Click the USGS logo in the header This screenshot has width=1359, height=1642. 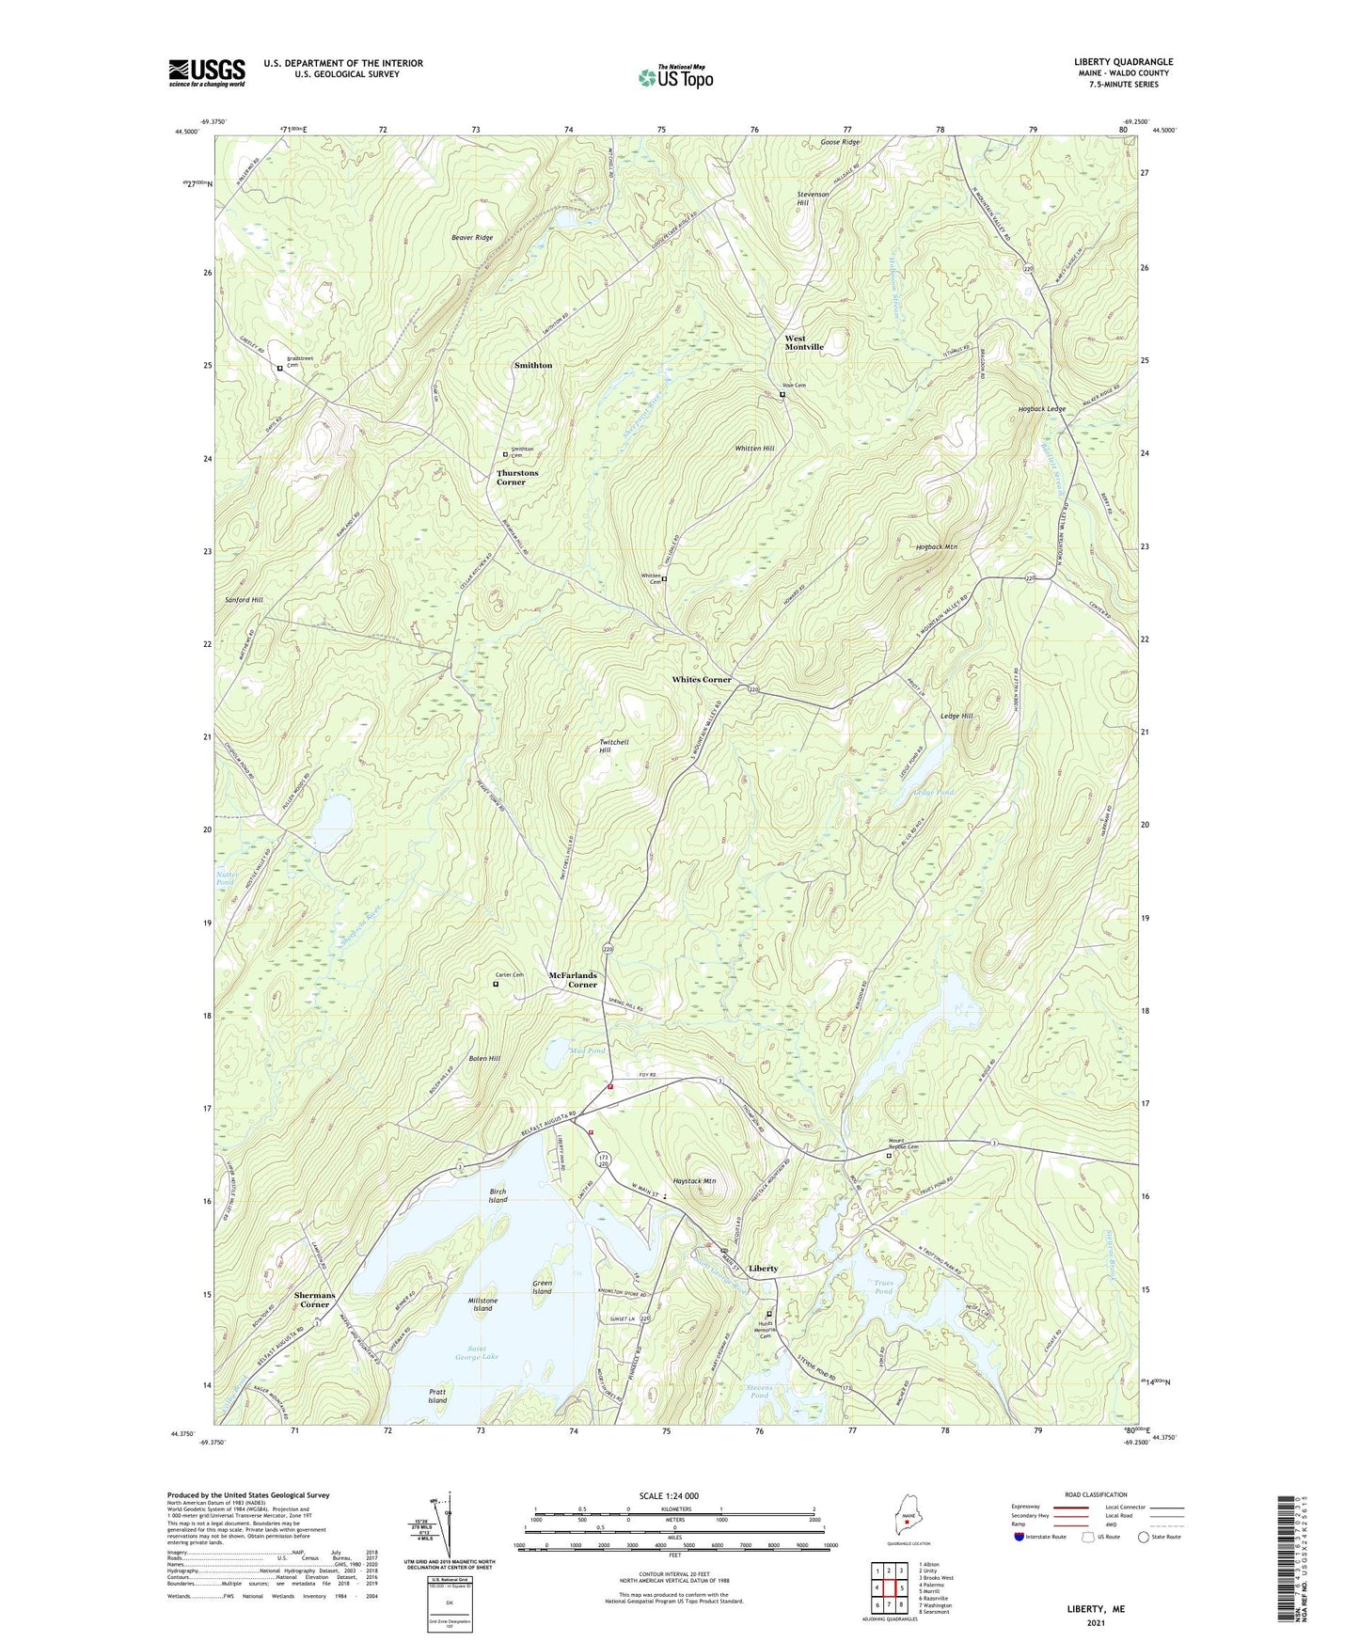[207, 72]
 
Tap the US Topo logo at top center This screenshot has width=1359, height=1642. [675, 77]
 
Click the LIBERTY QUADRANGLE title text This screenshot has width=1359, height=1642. [1123, 62]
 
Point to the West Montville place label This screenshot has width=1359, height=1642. [804, 342]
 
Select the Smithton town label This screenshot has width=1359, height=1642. [533, 365]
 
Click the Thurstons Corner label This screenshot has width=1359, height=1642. [517, 478]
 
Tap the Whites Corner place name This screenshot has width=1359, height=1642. [701, 679]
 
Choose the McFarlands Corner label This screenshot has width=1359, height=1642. [573, 980]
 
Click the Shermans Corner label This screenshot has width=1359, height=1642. [314, 1300]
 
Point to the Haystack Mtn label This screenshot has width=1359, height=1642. [694, 1181]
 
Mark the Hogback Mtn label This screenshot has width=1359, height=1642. [936, 546]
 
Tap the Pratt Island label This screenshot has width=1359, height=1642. [437, 1396]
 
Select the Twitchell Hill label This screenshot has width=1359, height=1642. [613, 746]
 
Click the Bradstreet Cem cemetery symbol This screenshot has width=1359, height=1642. [279, 369]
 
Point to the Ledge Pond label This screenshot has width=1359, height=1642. [933, 792]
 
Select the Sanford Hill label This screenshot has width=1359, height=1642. [244, 599]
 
